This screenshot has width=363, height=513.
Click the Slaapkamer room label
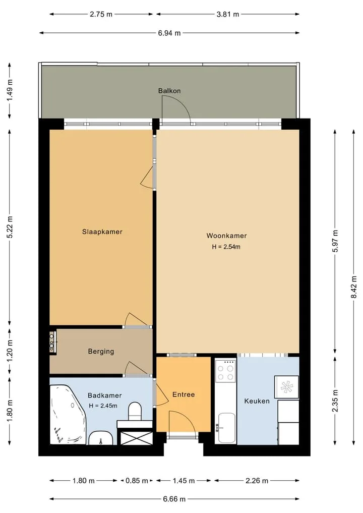point(102,232)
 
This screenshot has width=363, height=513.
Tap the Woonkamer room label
point(226,236)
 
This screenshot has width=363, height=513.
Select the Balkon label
point(169,91)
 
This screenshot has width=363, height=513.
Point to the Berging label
point(101,352)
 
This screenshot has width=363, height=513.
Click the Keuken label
point(257,401)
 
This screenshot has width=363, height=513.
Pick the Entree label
point(184,394)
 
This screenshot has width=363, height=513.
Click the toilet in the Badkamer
point(135,411)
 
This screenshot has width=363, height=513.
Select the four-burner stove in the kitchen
point(226,371)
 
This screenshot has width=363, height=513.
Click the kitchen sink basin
point(227,427)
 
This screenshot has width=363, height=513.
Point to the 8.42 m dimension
point(354,287)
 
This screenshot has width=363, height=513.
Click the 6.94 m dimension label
point(169,33)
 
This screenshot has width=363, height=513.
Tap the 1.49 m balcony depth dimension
point(10,91)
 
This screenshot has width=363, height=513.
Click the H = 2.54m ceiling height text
point(226,247)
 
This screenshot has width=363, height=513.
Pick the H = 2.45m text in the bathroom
point(103,406)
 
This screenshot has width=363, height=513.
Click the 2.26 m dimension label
point(257,481)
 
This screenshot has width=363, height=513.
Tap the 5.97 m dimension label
point(335,241)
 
